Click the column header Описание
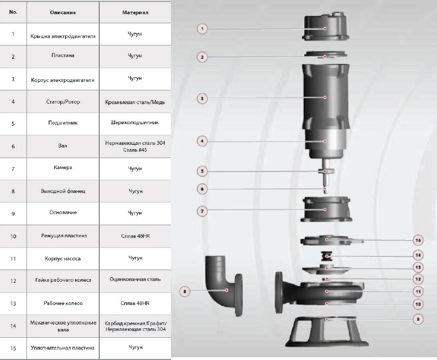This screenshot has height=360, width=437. tap(63, 11)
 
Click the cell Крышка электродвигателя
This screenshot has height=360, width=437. tap(63, 35)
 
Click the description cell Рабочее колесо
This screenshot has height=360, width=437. tap(63, 303)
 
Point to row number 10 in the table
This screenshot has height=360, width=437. tap(13, 236)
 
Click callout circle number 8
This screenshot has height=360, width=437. tap(184, 290)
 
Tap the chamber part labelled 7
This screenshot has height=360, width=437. tap(324, 210)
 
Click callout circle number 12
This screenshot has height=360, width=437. tap(417, 279)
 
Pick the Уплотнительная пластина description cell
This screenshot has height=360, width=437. tap(63, 348)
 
